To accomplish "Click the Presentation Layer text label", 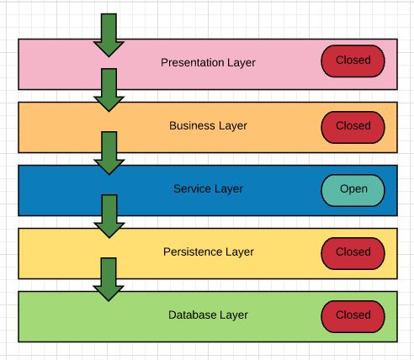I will click(x=208, y=62).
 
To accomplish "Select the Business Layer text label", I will click(x=208, y=125).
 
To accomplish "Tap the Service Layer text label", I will click(x=208, y=188).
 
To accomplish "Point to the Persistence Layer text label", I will click(x=208, y=251).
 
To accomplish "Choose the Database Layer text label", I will click(x=208, y=315).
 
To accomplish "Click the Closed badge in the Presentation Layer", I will click(x=353, y=61).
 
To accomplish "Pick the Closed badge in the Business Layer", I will click(x=353, y=126).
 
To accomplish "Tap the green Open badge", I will click(x=353, y=189).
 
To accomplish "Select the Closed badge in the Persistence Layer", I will click(x=353, y=251).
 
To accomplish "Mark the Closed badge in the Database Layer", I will click(x=353, y=315).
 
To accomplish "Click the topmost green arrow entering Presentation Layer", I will click(x=109, y=35).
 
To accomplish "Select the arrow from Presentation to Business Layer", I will click(x=109, y=90).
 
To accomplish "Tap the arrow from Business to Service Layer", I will click(x=109, y=153).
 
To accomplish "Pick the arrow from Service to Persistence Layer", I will click(x=109, y=216).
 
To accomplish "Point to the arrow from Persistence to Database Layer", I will click(x=109, y=279).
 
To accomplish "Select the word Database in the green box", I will click(x=190, y=315).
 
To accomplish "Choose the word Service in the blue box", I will click(x=191, y=188).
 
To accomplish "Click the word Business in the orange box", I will click(x=191, y=125).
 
